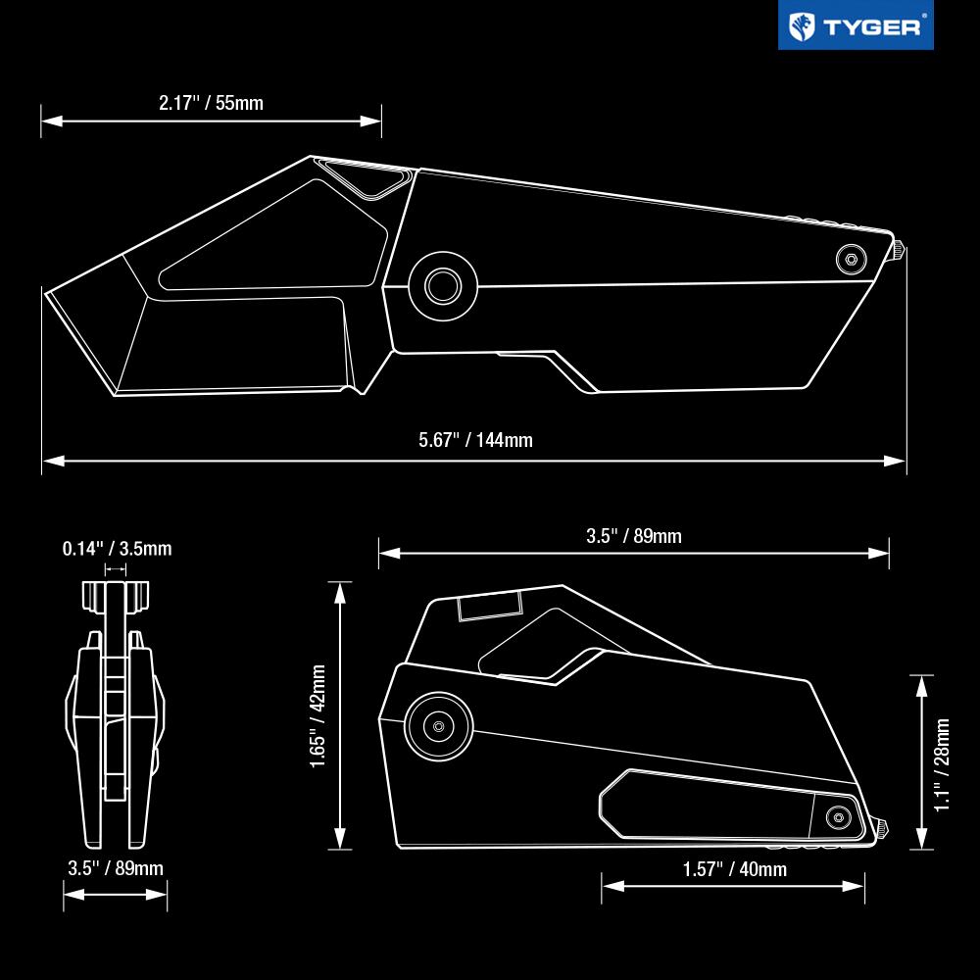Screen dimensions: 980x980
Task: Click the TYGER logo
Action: coord(856,25)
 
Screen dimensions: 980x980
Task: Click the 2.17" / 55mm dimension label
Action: coord(212,103)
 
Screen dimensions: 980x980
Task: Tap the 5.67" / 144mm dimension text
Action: coord(475,440)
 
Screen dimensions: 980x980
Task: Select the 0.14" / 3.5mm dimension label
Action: coord(117,549)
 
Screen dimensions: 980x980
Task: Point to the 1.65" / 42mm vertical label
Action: coord(318,715)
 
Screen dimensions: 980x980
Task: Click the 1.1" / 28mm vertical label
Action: coord(942,764)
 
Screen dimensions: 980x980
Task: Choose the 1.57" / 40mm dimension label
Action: coord(734,868)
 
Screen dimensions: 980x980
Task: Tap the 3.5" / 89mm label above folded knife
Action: coord(634,536)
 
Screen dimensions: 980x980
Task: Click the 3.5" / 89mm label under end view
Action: coord(116,868)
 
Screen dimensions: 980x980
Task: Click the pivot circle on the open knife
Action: coord(443,286)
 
